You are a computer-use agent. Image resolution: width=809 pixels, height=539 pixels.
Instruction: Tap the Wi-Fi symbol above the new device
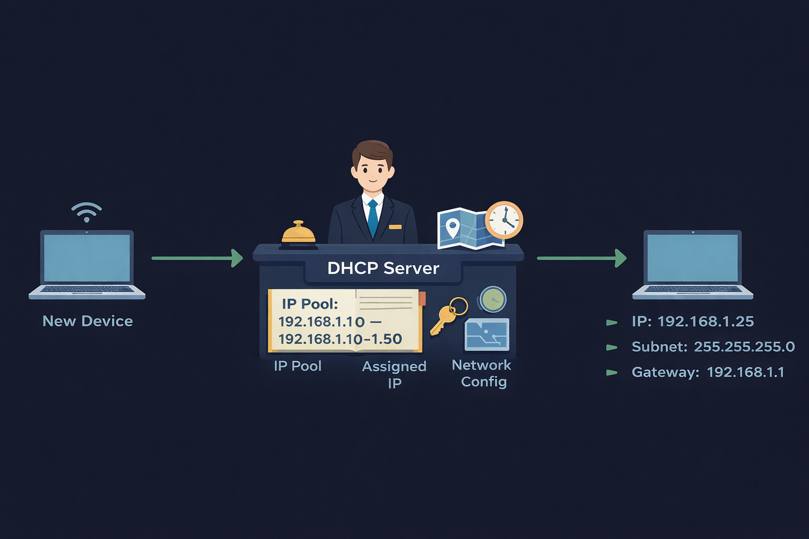click(86, 212)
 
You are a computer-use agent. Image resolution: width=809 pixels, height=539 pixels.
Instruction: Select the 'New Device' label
click(87, 321)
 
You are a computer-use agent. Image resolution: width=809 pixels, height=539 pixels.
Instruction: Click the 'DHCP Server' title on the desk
click(383, 268)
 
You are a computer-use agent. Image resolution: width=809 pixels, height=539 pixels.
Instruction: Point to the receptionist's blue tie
click(373, 218)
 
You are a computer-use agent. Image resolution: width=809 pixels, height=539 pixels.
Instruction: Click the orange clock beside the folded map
click(504, 220)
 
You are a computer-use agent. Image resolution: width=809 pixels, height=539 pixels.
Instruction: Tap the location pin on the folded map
click(452, 227)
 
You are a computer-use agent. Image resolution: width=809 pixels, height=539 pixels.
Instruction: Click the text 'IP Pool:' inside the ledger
click(310, 304)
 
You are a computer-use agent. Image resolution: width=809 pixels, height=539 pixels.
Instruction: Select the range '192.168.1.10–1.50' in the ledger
click(340, 339)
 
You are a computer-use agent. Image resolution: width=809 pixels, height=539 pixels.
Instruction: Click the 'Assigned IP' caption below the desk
click(394, 374)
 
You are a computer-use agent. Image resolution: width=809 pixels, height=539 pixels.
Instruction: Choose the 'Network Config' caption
click(482, 373)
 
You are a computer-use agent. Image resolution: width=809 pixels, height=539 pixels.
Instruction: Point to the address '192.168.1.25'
click(706, 322)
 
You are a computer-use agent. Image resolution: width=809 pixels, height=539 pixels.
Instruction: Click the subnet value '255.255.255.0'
click(744, 347)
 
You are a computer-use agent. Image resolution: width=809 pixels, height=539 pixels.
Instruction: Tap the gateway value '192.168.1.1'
click(745, 372)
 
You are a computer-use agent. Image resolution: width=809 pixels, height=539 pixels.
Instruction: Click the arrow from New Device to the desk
click(197, 258)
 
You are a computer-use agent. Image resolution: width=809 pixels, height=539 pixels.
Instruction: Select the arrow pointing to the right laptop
click(581, 258)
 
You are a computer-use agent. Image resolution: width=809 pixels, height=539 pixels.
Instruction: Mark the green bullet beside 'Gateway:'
click(611, 373)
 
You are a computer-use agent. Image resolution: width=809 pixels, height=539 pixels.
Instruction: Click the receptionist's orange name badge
click(395, 227)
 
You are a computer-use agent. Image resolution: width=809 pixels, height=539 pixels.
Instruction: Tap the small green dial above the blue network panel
click(493, 300)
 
